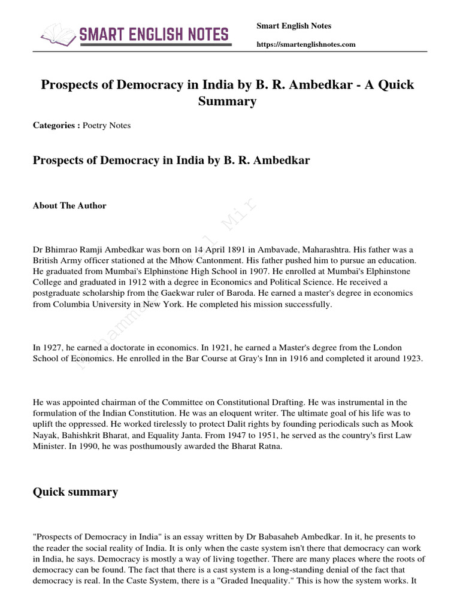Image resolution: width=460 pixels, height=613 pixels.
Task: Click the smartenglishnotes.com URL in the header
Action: (305, 44)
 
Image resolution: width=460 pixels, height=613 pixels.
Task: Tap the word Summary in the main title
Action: (228, 101)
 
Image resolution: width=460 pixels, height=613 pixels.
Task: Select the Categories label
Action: (56, 126)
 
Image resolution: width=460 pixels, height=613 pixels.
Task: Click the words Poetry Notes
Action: (107, 126)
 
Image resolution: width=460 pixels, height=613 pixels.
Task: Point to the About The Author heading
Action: (69, 206)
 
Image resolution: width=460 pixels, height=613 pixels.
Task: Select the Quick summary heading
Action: (75, 492)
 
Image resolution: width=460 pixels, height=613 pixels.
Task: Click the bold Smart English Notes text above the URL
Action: (293, 26)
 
